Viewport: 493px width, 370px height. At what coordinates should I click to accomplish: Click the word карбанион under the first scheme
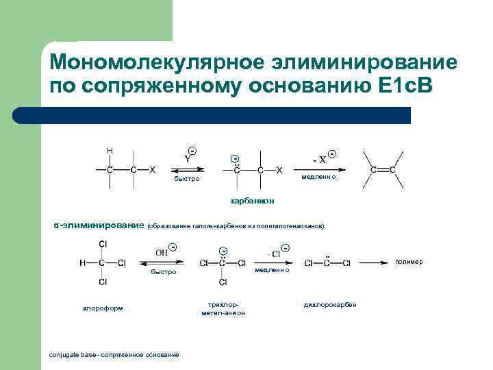pyautogui.click(x=253, y=200)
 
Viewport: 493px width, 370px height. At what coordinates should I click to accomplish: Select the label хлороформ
pyautogui.click(x=103, y=308)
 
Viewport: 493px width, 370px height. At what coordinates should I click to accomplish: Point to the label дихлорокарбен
pyautogui.click(x=330, y=304)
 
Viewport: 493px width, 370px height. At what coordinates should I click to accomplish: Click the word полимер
pyautogui.click(x=409, y=262)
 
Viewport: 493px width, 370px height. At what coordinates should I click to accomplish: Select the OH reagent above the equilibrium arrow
pyautogui.click(x=162, y=252)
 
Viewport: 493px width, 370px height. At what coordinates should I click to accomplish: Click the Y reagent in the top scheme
pyautogui.click(x=188, y=158)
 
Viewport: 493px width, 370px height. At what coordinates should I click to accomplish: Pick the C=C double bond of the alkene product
pyautogui.click(x=383, y=169)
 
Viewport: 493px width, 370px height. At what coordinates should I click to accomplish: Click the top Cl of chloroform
pyautogui.click(x=103, y=243)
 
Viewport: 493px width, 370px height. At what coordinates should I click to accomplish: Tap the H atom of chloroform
pyautogui.click(x=82, y=262)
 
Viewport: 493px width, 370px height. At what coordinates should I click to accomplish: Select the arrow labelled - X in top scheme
pyautogui.click(x=316, y=170)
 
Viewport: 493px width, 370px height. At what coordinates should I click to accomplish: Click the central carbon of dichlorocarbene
pyautogui.click(x=327, y=262)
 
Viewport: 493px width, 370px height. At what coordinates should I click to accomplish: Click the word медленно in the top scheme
pyautogui.click(x=319, y=178)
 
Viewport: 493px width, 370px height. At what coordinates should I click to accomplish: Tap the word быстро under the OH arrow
pyautogui.click(x=164, y=272)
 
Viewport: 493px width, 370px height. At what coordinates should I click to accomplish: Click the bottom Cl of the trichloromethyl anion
pyautogui.click(x=223, y=282)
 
